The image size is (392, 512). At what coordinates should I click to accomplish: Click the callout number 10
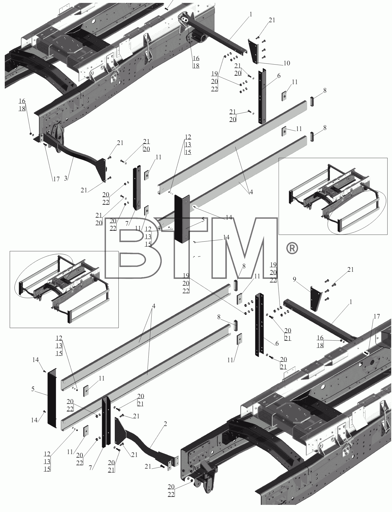(x=287, y=63)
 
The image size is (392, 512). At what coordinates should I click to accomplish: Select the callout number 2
(x=165, y=424)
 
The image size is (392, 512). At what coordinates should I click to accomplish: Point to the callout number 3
(x=66, y=178)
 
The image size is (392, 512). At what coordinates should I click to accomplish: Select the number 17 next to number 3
(x=56, y=179)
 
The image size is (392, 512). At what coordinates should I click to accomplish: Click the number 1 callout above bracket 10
(x=250, y=14)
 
